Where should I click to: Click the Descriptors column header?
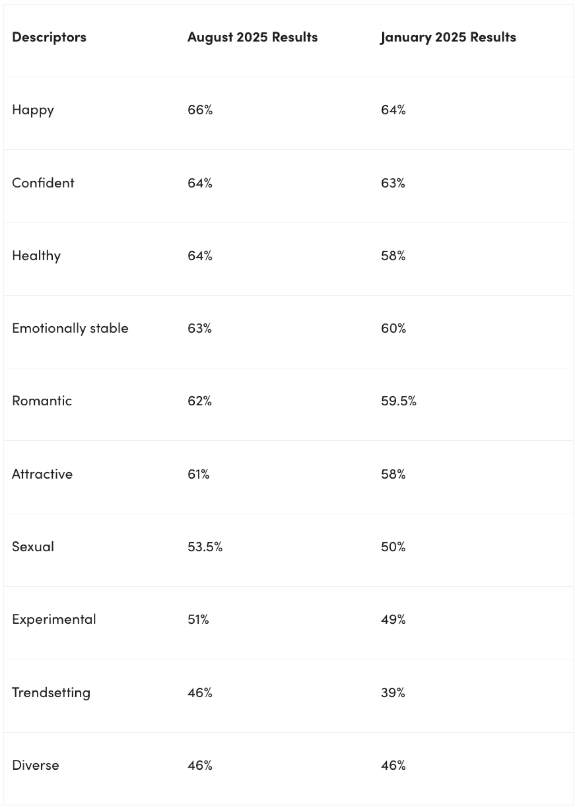[x=49, y=37]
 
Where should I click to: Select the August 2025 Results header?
[x=252, y=37]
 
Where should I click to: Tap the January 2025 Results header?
[x=448, y=37]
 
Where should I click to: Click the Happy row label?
[x=33, y=110]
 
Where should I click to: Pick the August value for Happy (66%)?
[x=200, y=110]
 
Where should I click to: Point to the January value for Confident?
[x=393, y=183]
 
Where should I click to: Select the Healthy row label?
[x=37, y=256]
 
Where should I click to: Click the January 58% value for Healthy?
[x=393, y=256]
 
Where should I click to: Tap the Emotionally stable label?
[x=70, y=328]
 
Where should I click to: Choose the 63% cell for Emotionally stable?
[x=200, y=328]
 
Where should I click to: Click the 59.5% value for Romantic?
[x=398, y=401]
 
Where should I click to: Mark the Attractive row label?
[x=42, y=474]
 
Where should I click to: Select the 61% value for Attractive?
[x=198, y=474]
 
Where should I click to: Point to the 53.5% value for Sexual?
[x=205, y=547]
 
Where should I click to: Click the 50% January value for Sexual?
[x=393, y=547]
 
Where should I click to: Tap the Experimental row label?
[x=54, y=620]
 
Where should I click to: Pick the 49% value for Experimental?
[x=393, y=620]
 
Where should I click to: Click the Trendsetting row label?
[x=51, y=693]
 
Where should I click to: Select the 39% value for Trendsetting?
[x=393, y=693]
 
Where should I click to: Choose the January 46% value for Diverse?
[x=393, y=765]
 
